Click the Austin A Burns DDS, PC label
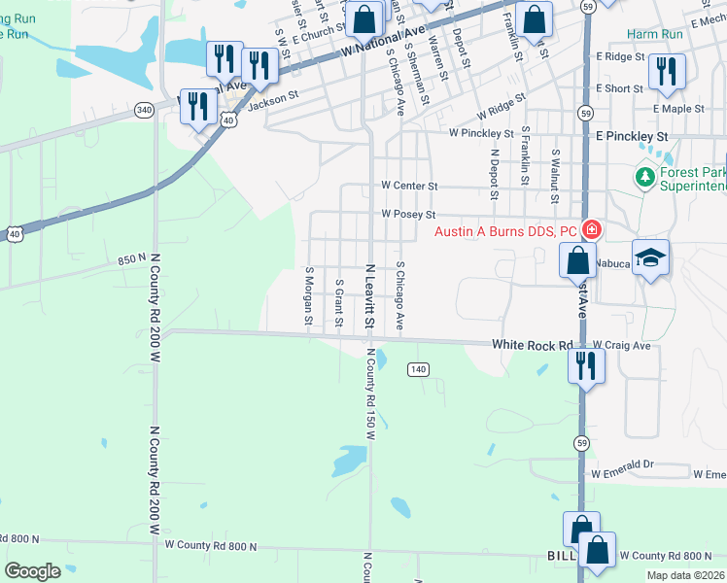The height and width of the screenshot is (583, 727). (x=505, y=231)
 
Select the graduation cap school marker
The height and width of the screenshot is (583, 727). (x=651, y=257)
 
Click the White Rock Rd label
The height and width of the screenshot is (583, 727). (x=532, y=345)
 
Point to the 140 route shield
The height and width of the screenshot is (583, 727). (x=418, y=369)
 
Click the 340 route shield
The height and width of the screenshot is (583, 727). (x=144, y=110)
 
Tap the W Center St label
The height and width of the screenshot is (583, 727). (x=409, y=185)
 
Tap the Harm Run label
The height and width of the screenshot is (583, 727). (x=654, y=34)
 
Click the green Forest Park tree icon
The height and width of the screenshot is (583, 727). (x=642, y=177)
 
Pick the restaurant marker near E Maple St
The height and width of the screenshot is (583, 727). (x=667, y=69)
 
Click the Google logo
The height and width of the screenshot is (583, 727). (x=33, y=571)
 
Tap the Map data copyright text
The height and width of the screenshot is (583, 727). (x=686, y=575)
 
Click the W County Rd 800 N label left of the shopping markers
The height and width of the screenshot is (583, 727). (x=211, y=546)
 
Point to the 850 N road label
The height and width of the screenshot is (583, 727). (x=131, y=259)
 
